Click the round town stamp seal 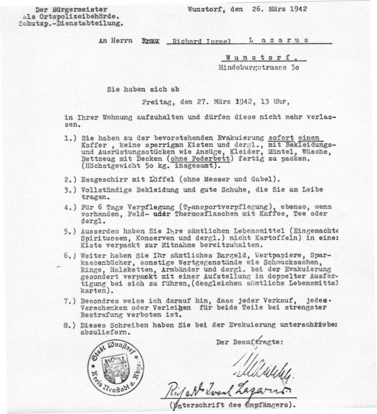[x=116, y=365]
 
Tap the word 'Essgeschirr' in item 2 [x=100, y=180]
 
